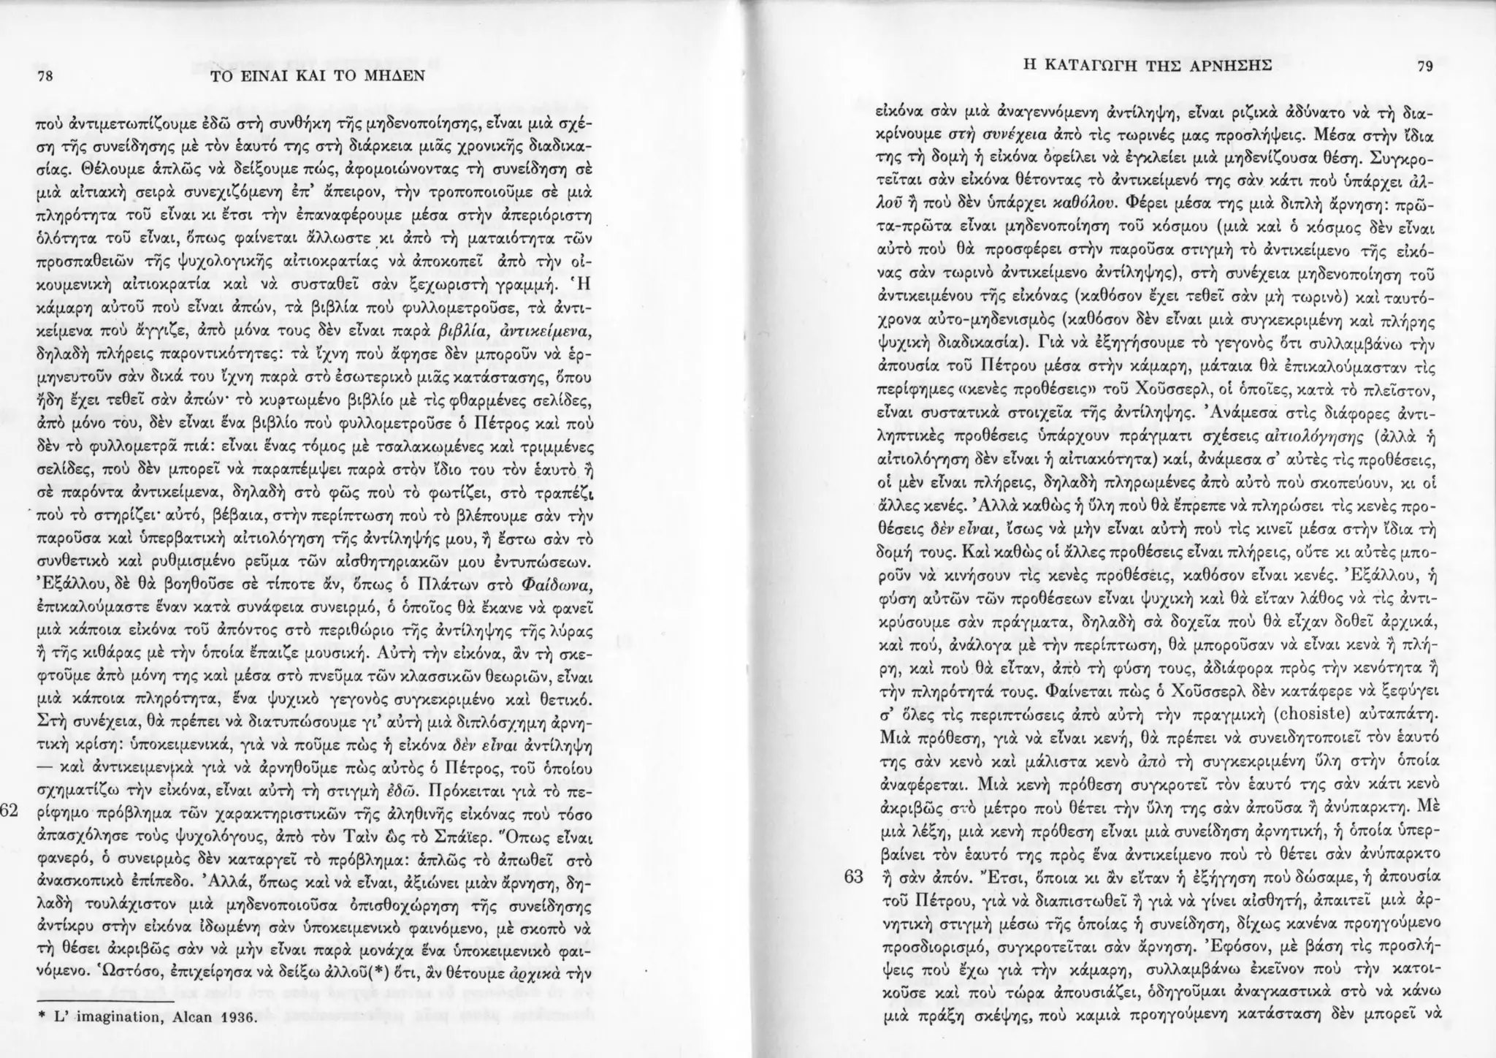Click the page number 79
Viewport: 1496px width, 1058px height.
click(x=1424, y=66)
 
